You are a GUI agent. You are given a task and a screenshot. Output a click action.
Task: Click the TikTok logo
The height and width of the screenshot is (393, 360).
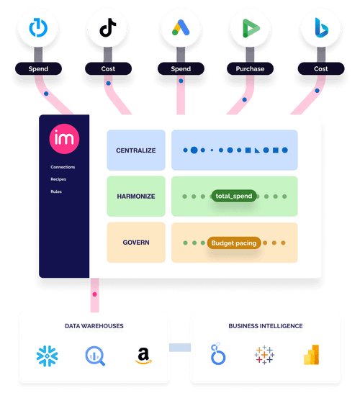(108, 27)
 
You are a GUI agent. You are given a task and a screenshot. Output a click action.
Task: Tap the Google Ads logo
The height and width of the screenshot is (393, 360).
(181, 27)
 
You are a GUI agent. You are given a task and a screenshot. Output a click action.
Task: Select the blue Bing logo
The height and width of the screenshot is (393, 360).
(321, 28)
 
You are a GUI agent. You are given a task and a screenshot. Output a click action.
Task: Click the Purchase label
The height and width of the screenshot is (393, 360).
(250, 68)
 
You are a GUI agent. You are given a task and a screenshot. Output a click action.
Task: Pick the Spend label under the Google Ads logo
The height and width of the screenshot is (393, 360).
(181, 68)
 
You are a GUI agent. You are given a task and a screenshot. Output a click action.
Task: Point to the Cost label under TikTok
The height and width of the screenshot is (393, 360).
(108, 68)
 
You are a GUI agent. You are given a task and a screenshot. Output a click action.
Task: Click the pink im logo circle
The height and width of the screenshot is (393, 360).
(64, 139)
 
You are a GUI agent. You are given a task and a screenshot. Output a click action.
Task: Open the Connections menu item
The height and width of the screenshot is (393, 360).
(63, 167)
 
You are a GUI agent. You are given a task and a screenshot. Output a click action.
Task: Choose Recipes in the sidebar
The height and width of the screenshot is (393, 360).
(58, 179)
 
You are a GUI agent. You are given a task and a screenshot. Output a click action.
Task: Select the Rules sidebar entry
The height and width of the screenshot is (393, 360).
(56, 191)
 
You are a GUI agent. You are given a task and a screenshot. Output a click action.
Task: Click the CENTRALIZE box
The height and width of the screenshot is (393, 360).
(136, 150)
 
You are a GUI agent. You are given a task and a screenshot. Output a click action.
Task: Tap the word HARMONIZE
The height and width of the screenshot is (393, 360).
(136, 196)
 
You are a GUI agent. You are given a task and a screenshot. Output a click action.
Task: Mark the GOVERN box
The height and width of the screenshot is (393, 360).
(136, 243)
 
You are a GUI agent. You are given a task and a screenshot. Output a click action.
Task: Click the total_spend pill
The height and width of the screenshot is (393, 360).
(234, 196)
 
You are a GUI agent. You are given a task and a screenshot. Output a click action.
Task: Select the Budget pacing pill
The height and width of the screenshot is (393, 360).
(234, 243)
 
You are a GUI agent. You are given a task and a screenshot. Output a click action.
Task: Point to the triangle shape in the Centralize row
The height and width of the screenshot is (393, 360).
(257, 150)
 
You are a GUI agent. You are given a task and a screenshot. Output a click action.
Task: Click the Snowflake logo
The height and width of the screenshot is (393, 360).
(47, 356)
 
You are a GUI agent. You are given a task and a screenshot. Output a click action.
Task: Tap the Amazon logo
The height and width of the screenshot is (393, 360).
(143, 356)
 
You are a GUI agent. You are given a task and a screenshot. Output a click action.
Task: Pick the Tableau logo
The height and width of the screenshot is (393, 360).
(264, 355)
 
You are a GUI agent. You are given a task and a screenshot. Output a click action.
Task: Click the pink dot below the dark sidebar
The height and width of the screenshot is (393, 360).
(94, 294)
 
